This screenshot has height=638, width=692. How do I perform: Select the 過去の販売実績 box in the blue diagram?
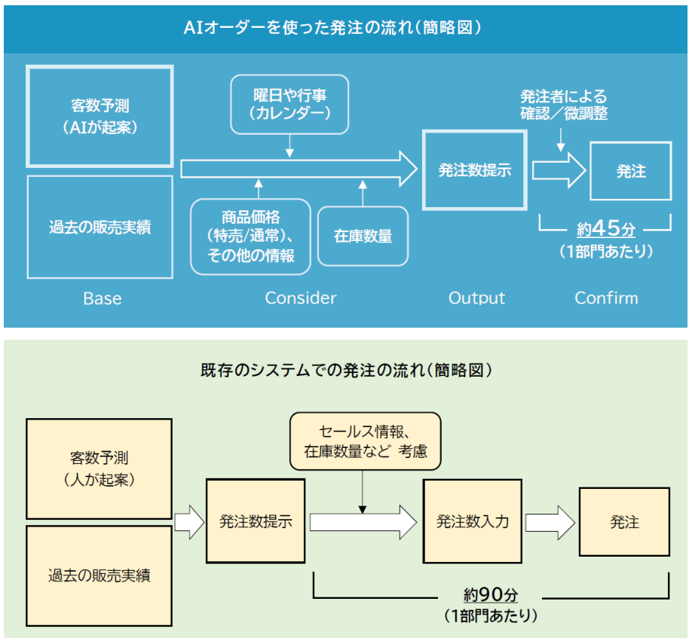[x=100, y=227]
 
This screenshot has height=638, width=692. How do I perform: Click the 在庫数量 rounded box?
[x=363, y=236]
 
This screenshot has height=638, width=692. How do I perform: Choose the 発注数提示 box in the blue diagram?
[x=475, y=170]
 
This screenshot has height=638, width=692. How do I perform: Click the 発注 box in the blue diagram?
[x=631, y=171]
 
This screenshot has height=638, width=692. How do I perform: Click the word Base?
[x=103, y=298]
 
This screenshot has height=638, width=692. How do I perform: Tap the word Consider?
[x=301, y=298]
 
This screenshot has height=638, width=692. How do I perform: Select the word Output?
[x=476, y=298]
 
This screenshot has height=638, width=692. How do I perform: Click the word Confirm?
[x=606, y=298]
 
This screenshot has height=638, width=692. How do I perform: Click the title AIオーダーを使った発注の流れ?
[x=332, y=28]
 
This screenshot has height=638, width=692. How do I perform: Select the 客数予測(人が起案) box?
[x=100, y=469]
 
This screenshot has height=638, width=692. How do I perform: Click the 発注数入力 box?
[x=473, y=521]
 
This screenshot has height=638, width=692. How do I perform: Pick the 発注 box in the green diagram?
[x=624, y=521]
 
